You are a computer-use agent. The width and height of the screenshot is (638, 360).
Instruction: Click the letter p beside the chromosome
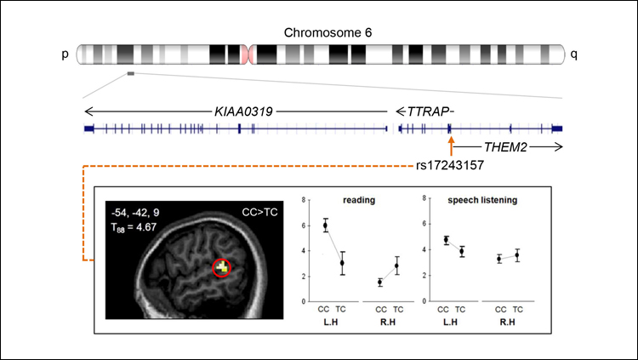pyautogui.click(x=65, y=54)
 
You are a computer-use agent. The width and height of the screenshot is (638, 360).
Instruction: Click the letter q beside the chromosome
pyautogui.click(x=574, y=54)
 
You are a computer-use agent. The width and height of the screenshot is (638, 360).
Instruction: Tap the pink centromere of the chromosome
pyautogui.click(x=247, y=54)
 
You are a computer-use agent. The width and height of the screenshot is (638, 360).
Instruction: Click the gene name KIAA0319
pyautogui.click(x=247, y=111)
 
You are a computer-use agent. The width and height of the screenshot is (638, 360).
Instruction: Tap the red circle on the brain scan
pyautogui.click(x=223, y=268)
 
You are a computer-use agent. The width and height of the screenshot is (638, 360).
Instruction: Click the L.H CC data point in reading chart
pyautogui.click(x=325, y=226)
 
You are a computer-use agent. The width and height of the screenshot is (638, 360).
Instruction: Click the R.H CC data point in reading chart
pyautogui.click(x=379, y=282)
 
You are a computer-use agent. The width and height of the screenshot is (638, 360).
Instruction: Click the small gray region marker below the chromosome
pyautogui.click(x=130, y=74)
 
